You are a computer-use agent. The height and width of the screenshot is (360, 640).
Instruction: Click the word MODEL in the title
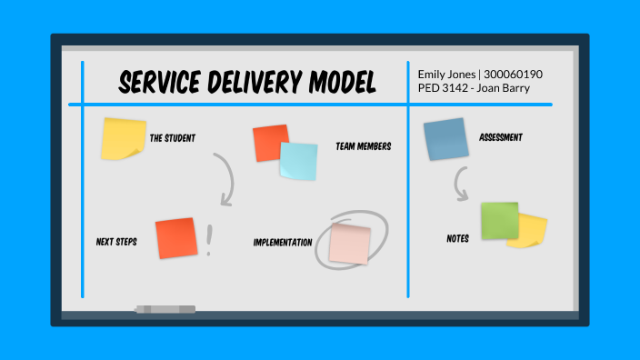[x=337, y=84]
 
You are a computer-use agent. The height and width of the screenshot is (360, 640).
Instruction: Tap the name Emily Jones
[x=449, y=73]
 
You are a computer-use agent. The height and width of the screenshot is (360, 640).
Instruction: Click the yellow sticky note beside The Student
[x=123, y=138]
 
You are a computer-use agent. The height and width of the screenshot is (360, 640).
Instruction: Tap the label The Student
[x=172, y=138]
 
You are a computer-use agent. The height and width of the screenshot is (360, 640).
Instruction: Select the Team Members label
[x=363, y=145]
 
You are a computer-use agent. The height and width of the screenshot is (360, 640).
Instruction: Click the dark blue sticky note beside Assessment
[x=445, y=139]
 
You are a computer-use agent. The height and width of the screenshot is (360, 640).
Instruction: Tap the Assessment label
[x=500, y=138]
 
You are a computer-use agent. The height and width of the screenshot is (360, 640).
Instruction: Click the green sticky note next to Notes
[x=499, y=221]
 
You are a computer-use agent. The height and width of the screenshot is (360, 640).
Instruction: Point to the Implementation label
[x=283, y=243]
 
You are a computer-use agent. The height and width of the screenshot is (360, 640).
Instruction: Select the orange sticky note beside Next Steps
[x=176, y=238]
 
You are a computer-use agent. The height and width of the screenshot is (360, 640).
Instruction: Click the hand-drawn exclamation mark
[x=210, y=241]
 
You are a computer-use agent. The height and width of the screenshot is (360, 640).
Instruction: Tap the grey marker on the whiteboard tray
[x=165, y=309]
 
